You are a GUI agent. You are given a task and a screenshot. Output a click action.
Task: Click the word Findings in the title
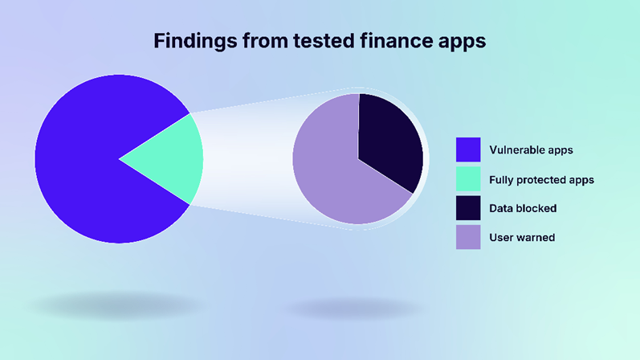click(x=195, y=41)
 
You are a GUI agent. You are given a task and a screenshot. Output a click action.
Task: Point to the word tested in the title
click(x=324, y=40)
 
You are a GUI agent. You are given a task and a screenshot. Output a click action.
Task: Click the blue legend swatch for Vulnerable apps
click(x=468, y=149)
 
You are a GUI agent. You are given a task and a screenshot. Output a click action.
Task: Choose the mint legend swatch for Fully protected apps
click(x=468, y=179)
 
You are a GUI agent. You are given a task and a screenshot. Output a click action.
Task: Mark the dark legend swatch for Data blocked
click(x=468, y=208)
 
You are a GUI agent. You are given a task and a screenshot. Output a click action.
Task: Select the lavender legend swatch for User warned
click(x=468, y=237)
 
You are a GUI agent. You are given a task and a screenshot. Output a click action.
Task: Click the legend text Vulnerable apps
click(x=531, y=150)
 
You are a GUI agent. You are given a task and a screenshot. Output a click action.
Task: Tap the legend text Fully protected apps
click(x=542, y=180)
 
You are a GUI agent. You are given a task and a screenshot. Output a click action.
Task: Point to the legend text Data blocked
click(x=523, y=208)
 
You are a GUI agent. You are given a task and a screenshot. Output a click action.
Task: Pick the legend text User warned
click(x=522, y=237)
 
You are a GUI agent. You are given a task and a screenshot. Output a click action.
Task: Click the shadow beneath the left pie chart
click(x=116, y=305)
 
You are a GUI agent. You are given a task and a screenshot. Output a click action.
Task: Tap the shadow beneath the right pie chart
click(x=355, y=309)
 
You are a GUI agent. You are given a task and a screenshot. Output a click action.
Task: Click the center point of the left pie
click(x=119, y=159)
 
